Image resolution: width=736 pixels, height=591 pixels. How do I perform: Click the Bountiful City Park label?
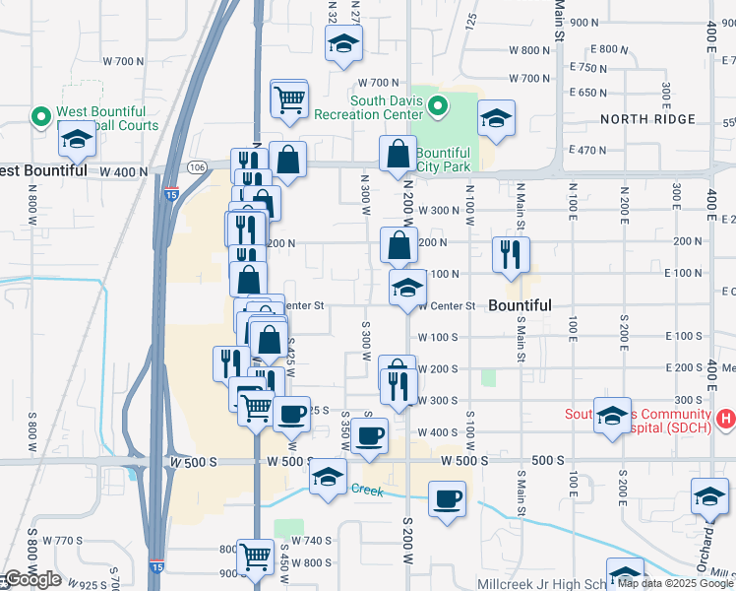[x=443, y=160]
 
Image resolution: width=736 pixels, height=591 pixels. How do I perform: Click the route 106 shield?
[x=197, y=167]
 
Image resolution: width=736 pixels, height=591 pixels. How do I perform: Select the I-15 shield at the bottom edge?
[x=157, y=567]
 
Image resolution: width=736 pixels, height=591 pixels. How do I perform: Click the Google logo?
[x=31, y=579]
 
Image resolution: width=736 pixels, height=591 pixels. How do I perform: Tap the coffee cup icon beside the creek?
[x=447, y=498]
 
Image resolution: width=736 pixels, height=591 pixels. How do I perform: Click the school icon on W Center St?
[x=407, y=288]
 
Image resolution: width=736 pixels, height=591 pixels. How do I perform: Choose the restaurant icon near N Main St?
[x=510, y=254]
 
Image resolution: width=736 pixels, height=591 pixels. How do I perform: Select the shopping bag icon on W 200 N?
[x=398, y=244]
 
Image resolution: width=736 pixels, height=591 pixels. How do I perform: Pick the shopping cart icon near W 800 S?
[x=256, y=558]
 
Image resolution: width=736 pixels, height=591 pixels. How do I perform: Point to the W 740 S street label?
[x=311, y=541]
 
